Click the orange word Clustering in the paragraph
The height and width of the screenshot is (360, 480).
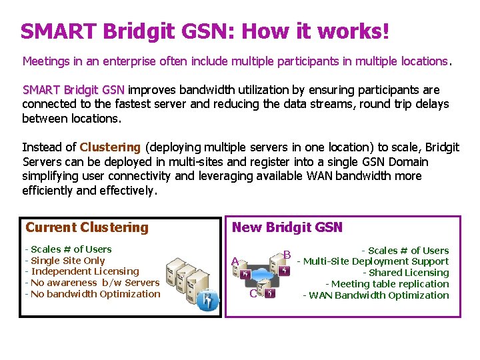click(x=110, y=147)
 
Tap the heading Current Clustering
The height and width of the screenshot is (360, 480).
click(x=87, y=227)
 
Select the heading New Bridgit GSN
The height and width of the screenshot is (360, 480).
click(x=287, y=227)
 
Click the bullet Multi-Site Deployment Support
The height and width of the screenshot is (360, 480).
click(x=373, y=261)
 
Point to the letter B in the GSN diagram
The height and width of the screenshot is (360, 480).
click(x=287, y=255)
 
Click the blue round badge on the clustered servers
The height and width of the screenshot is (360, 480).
click(x=212, y=302)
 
